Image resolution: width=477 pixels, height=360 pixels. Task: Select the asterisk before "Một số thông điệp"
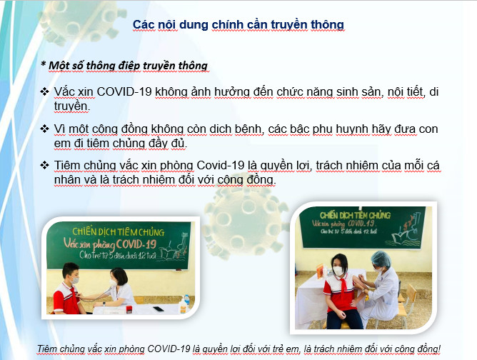[x=43, y=64]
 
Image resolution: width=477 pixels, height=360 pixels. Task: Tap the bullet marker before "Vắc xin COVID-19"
[x=44, y=91]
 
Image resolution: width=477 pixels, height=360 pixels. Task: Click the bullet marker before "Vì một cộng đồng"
[x=44, y=129]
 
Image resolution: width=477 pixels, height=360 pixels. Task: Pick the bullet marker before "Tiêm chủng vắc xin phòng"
[x=44, y=165]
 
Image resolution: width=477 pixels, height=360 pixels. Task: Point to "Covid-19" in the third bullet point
[x=220, y=165]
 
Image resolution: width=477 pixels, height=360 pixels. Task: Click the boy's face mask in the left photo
[x=74, y=280]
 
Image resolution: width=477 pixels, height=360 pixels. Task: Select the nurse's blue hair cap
[x=381, y=259]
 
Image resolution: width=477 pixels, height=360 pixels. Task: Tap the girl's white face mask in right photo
[x=338, y=271]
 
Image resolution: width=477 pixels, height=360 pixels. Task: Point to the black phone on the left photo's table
[x=159, y=309]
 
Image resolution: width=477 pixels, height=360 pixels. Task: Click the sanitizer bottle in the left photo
[x=183, y=305]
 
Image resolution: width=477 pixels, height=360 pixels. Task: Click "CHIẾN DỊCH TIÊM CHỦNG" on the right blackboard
[x=355, y=215]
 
